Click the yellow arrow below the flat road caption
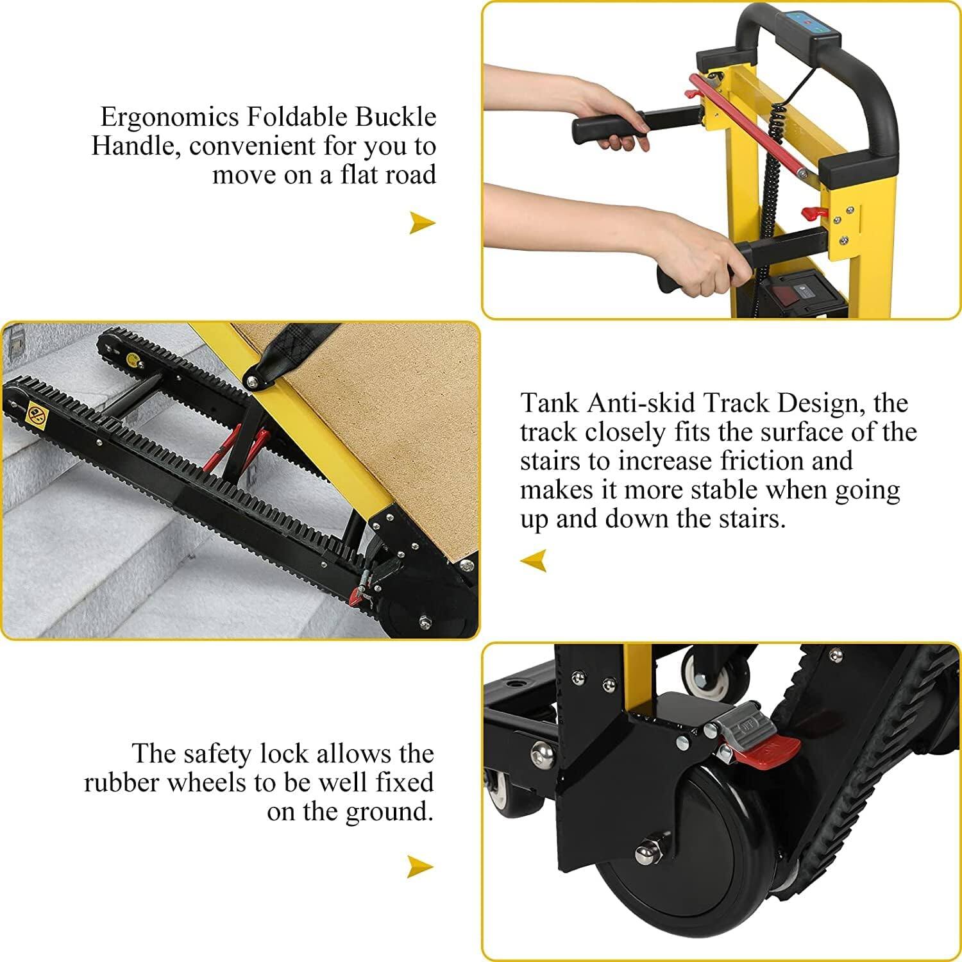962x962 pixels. point(422,223)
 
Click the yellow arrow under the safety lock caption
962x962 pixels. point(420,867)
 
